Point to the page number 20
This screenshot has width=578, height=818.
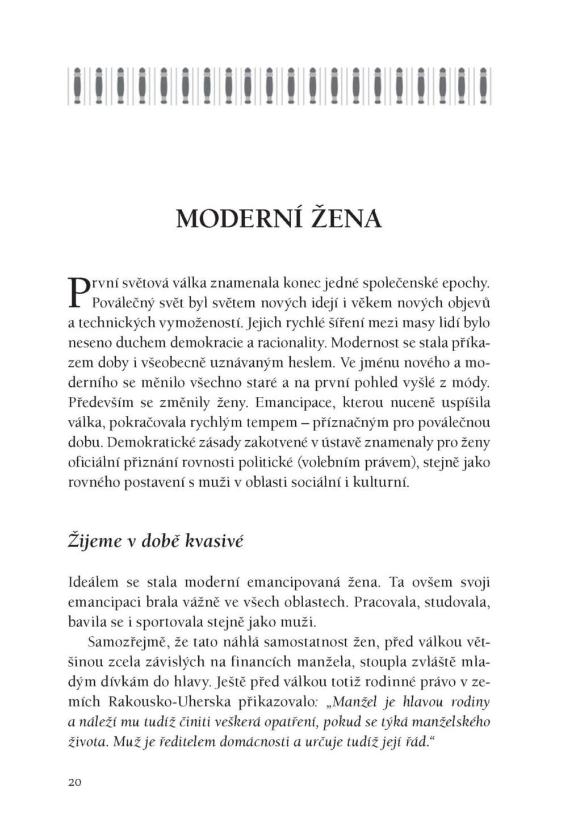(x=74, y=782)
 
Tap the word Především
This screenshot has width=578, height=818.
(x=100, y=403)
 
